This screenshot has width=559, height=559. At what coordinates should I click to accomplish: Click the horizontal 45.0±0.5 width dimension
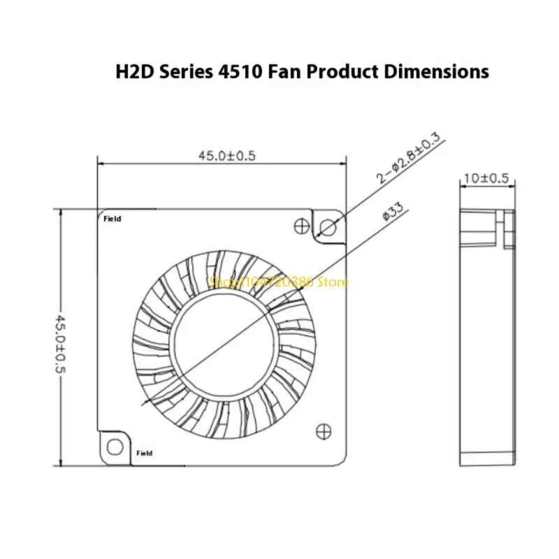(227, 156)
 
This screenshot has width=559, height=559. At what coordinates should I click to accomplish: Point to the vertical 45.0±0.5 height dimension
(60, 344)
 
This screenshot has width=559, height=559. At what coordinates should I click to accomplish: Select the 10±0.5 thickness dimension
(486, 178)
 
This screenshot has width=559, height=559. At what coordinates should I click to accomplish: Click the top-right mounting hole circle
(328, 227)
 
